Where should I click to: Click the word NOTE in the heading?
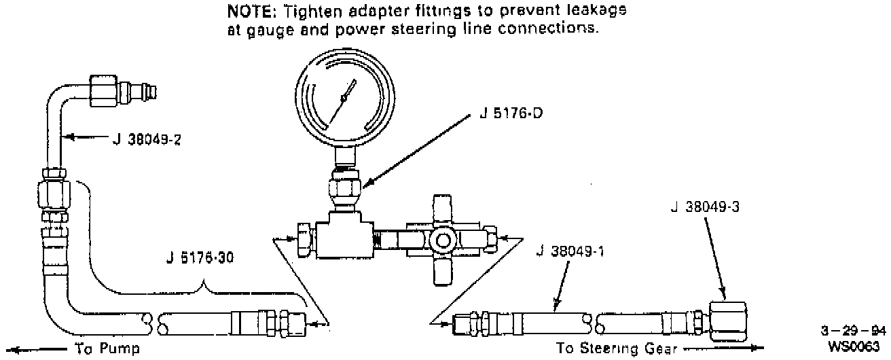(249, 11)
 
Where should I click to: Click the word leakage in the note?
(597, 11)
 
